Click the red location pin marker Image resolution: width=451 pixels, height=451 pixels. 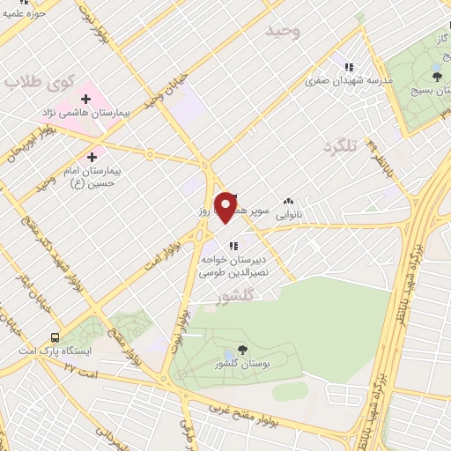226,207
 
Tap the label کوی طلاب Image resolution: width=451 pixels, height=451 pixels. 36,82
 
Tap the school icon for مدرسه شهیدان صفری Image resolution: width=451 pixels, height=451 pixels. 349,67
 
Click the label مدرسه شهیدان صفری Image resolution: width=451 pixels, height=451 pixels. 348,80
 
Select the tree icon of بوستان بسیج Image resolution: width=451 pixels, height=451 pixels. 438,77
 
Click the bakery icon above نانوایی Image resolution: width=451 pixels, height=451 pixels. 289,201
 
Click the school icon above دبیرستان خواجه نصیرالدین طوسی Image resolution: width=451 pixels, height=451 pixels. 232,245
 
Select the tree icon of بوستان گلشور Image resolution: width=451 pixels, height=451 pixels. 242,350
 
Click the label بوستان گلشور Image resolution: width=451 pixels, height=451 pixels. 242,364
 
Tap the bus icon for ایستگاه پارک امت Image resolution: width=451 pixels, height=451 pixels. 55,336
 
